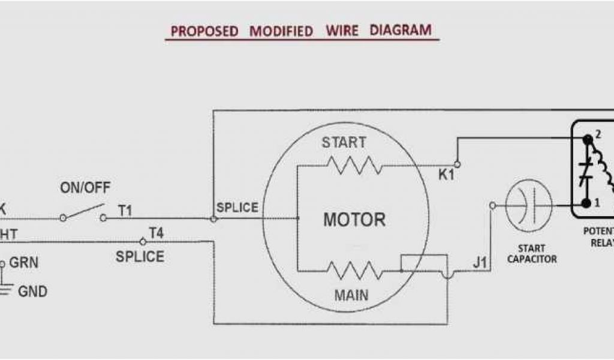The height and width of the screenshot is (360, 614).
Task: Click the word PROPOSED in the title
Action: (204, 31)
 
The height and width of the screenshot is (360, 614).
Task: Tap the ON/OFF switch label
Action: (85, 188)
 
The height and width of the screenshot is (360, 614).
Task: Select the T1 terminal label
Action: (125, 211)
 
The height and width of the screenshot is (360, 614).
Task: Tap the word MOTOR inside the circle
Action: (354, 220)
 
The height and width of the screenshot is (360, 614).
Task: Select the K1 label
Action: (446, 175)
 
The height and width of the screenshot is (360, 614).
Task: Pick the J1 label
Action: (479, 262)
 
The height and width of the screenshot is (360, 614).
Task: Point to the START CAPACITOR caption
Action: (532, 254)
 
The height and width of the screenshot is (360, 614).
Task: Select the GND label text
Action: (32, 292)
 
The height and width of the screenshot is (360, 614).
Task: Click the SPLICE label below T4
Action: (140, 257)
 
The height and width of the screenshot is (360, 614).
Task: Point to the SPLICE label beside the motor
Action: (237, 208)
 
